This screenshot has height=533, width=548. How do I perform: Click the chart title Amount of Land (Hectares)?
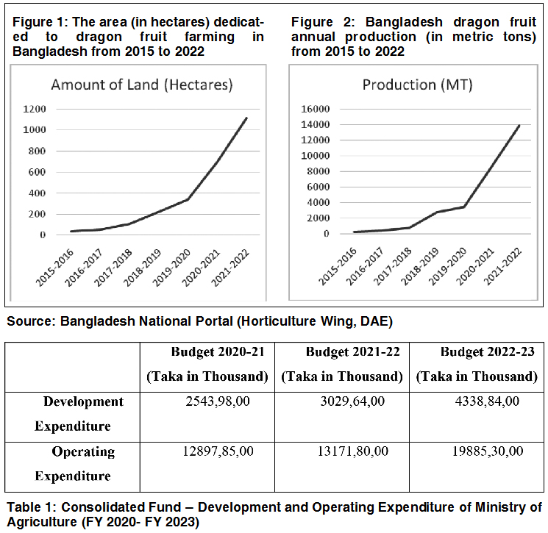(141, 85)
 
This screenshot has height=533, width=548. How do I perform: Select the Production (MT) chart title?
(417, 85)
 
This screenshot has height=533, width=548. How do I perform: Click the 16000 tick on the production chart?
(316, 109)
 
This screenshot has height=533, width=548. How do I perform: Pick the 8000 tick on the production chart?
(319, 171)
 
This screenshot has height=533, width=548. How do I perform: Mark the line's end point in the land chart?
(246, 118)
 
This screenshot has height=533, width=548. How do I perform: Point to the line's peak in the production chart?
(519, 125)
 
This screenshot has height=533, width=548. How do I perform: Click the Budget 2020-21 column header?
(207, 351)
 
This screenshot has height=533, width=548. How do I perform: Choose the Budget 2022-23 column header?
(477, 351)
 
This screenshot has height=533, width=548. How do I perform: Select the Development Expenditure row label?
(73, 414)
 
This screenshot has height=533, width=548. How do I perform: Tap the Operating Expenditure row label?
(73, 463)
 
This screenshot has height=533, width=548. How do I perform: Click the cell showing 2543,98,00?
(207, 401)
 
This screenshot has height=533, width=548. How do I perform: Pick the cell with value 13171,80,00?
(342, 451)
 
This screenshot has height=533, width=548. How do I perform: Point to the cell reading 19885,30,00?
(477, 451)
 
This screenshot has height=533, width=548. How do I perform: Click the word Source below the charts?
(29, 321)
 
